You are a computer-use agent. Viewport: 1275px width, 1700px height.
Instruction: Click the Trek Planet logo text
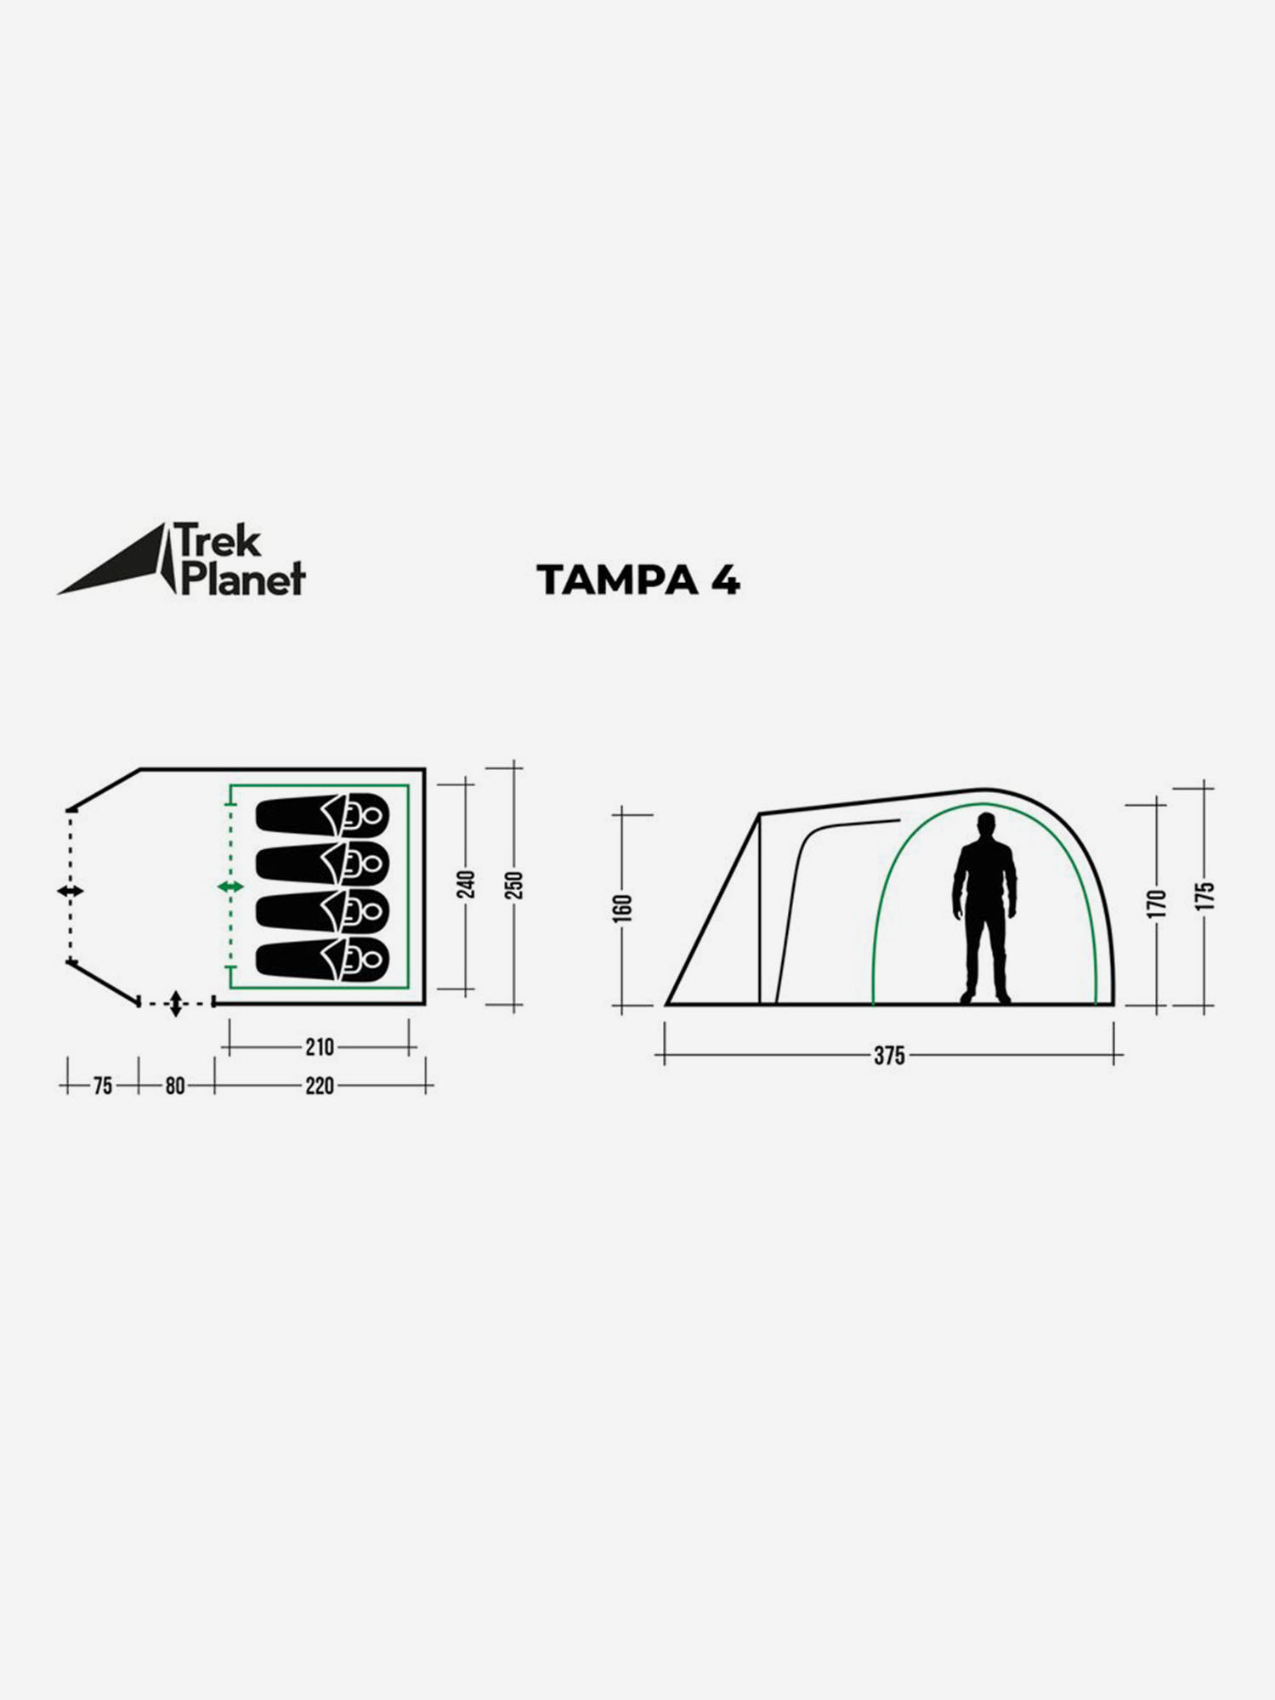click(x=241, y=559)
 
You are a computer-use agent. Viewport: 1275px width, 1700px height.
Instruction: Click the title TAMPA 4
click(x=638, y=581)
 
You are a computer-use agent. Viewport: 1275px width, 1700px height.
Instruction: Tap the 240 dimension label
click(x=467, y=885)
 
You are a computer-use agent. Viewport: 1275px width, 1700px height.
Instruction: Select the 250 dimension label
click(x=513, y=885)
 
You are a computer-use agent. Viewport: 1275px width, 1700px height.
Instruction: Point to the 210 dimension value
click(x=320, y=1047)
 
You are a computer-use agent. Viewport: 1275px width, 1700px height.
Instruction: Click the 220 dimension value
click(x=320, y=1085)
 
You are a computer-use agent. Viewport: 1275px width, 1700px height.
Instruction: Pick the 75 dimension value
click(x=103, y=1085)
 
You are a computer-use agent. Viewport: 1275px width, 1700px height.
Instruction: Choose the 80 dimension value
click(x=175, y=1085)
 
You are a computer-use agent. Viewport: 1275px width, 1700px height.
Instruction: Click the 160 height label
click(x=623, y=907)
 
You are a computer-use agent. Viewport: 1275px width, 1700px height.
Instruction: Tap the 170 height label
click(x=1157, y=903)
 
